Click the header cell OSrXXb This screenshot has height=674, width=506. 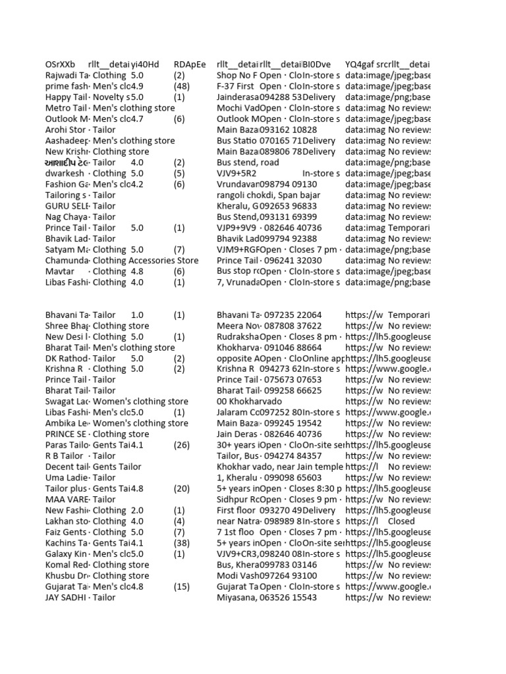click(x=60, y=65)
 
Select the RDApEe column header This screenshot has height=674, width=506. click(x=190, y=65)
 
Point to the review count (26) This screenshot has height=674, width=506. click(x=183, y=445)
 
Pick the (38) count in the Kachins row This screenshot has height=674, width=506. click(x=183, y=543)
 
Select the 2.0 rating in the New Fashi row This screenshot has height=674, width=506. click(x=137, y=510)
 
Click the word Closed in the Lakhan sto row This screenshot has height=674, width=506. click(x=401, y=521)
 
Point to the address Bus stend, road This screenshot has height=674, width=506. click(x=248, y=163)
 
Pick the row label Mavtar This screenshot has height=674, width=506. click(x=59, y=271)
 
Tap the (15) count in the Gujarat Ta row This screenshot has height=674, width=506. click(x=183, y=586)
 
